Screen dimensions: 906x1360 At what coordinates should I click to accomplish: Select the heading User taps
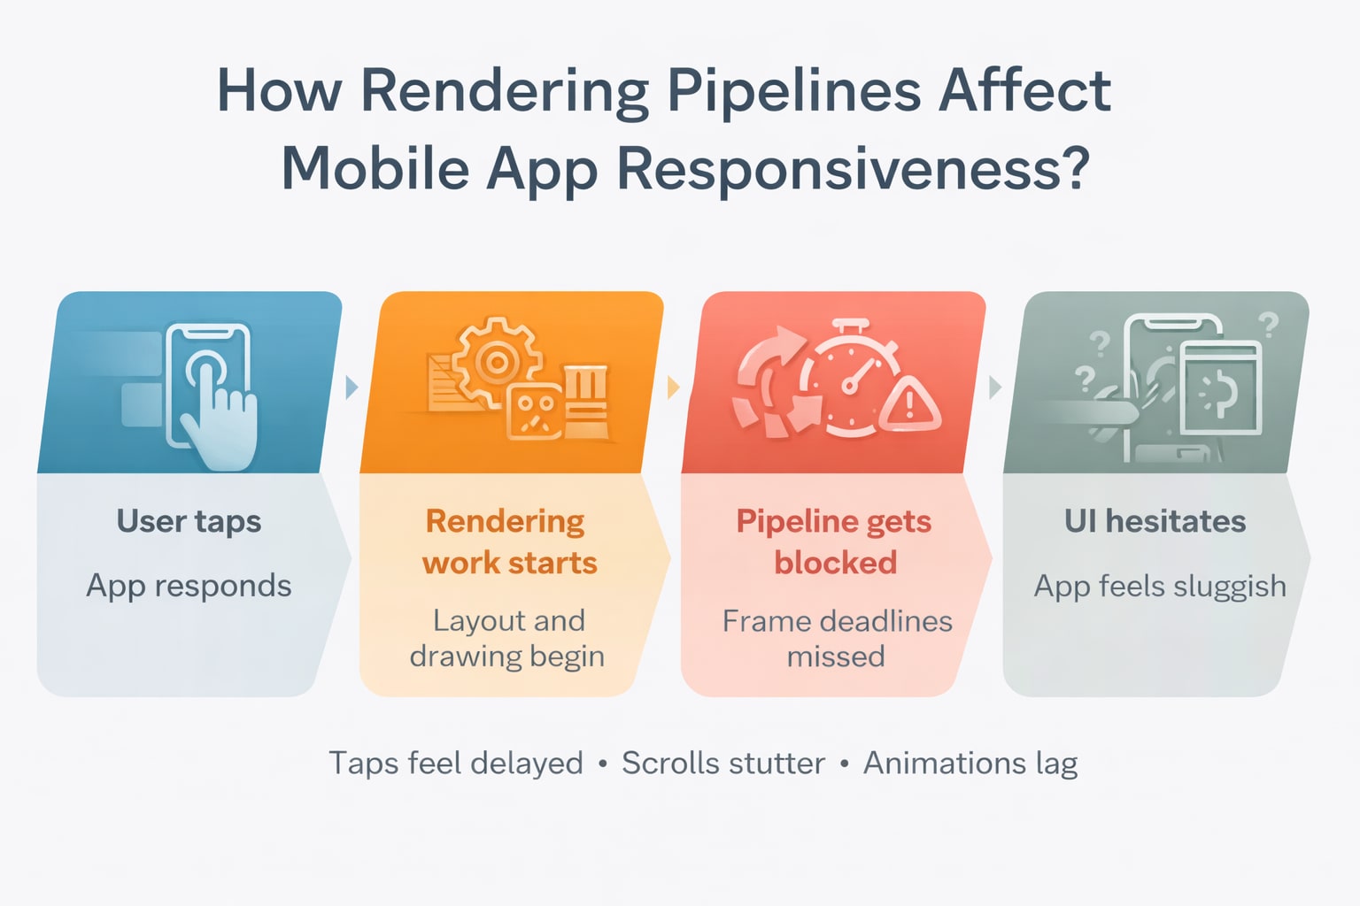[x=189, y=521]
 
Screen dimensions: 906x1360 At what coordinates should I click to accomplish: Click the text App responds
[x=189, y=586]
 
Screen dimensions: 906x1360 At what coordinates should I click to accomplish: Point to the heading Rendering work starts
[x=508, y=541]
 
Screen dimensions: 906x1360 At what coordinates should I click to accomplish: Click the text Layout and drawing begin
[x=507, y=638]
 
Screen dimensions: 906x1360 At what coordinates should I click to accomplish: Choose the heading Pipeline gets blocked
[x=834, y=541]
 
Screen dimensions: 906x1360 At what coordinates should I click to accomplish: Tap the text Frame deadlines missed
[x=837, y=638]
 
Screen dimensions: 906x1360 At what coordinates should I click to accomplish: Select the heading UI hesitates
[x=1155, y=521]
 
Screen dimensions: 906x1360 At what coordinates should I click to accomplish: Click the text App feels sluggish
[x=1160, y=586]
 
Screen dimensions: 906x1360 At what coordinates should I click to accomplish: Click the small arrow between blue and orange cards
[x=352, y=387]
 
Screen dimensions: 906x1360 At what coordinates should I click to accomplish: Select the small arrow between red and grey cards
[x=995, y=387]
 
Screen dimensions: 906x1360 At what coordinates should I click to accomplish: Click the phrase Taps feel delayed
[x=456, y=763]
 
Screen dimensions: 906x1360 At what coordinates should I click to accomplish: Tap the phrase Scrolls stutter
[x=722, y=763]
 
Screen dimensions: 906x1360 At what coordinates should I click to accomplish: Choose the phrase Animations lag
[x=970, y=763]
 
